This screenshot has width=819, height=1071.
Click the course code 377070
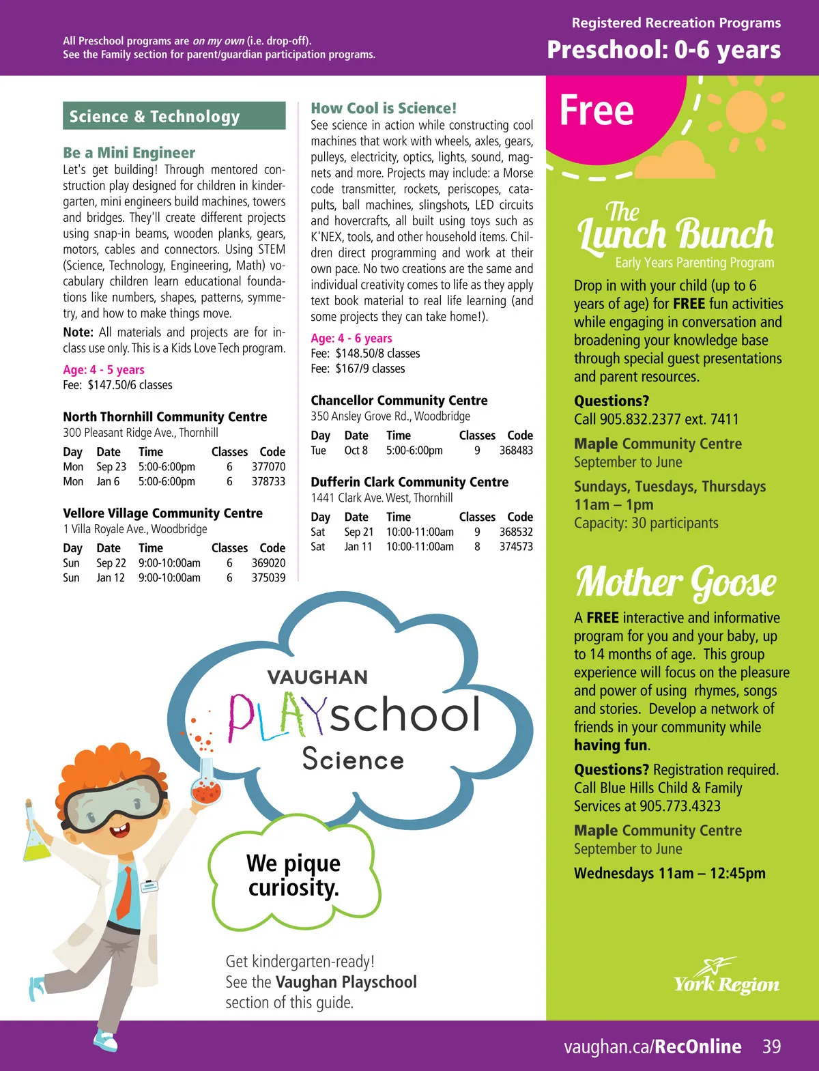[268, 467]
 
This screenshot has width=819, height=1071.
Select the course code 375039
[268, 577]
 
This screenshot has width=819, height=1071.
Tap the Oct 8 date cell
[356, 451]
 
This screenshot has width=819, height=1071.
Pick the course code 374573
[516, 547]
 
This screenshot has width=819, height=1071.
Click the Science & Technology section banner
[174, 116]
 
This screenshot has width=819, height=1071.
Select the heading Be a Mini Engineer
[129, 152]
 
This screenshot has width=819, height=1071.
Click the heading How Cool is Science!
[384, 108]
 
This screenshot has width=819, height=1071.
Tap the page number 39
[771, 1046]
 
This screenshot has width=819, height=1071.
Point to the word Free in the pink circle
[597, 111]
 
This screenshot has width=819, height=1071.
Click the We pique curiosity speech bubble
[293, 875]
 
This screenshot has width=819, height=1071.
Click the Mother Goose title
[676, 582]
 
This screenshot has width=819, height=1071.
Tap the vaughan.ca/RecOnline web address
[652, 1046]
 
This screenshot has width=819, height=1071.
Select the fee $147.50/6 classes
[130, 385]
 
